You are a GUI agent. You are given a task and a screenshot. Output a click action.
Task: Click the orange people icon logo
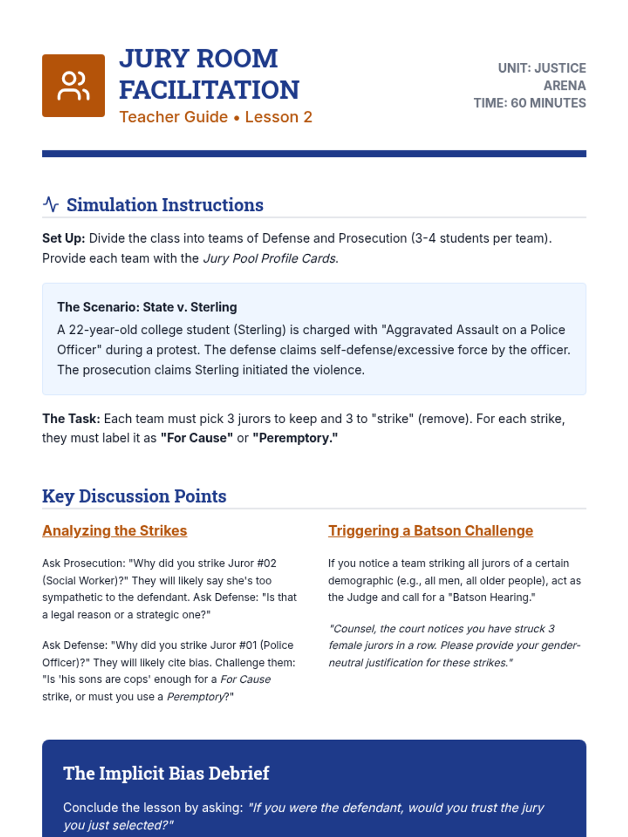(x=73, y=86)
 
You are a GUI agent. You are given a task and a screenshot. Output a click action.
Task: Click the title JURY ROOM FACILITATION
(x=209, y=74)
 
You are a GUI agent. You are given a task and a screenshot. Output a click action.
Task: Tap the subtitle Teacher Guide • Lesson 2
(x=216, y=117)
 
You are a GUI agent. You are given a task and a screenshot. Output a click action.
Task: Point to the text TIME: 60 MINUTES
(x=530, y=103)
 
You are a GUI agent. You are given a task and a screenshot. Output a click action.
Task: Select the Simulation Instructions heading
(x=164, y=205)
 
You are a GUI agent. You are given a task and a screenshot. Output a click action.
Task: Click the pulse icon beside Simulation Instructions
(x=51, y=204)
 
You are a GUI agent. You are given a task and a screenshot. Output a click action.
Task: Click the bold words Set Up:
(x=63, y=239)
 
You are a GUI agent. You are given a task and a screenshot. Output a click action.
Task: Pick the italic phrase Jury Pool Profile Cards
(x=269, y=258)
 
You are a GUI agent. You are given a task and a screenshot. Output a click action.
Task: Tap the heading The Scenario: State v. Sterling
(x=147, y=307)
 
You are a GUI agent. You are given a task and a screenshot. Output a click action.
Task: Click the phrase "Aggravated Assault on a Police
(x=473, y=330)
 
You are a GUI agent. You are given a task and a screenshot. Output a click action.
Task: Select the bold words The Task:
(x=71, y=419)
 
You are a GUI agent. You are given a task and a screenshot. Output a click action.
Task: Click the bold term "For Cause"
(x=197, y=438)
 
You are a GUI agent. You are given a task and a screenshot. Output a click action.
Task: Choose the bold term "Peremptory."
(x=295, y=438)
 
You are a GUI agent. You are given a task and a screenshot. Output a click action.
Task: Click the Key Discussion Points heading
(x=134, y=496)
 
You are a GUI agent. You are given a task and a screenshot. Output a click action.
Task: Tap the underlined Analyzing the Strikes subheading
(x=115, y=530)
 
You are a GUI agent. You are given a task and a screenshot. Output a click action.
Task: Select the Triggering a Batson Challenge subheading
(x=431, y=530)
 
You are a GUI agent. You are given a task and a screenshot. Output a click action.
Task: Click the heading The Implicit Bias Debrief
(x=166, y=773)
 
